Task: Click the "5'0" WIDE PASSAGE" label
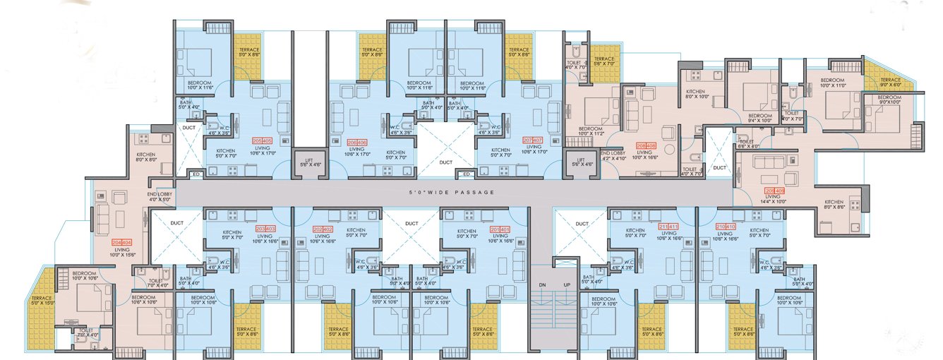(x=452, y=193)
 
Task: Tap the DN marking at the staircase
(x=541, y=284)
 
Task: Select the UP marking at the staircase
(x=567, y=284)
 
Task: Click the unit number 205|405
(x=262, y=140)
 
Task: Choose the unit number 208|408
(x=647, y=146)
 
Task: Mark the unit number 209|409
(x=774, y=191)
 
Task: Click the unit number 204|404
(x=121, y=242)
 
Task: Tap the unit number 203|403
(x=265, y=229)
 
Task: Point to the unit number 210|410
(x=726, y=227)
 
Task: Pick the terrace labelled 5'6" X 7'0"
(x=605, y=61)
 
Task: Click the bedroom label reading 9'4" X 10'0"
(x=760, y=118)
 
